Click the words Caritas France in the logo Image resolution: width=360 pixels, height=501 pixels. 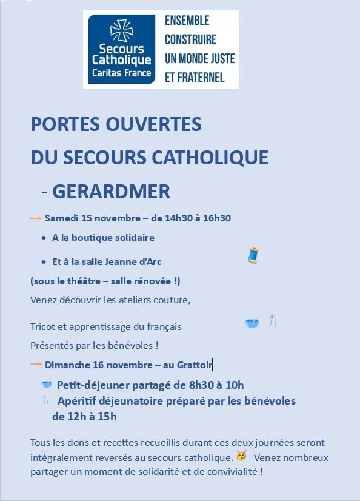click(x=121, y=73)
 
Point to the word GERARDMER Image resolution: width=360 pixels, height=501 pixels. click(x=111, y=191)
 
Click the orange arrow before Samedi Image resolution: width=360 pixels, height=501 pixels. click(x=36, y=218)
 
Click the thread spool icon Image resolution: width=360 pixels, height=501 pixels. click(x=253, y=255)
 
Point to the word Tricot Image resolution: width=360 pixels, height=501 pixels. click(x=42, y=326)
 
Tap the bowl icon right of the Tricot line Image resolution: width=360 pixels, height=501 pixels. click(x=252, y=322)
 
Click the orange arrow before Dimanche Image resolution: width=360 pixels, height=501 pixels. click(x=36, y=365)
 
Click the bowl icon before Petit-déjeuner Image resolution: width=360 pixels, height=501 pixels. click(x=47, y=384)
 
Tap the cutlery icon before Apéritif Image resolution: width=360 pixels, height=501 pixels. click(x=46, y=400)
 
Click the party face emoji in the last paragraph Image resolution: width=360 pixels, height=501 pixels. click(x=241, y=456)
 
